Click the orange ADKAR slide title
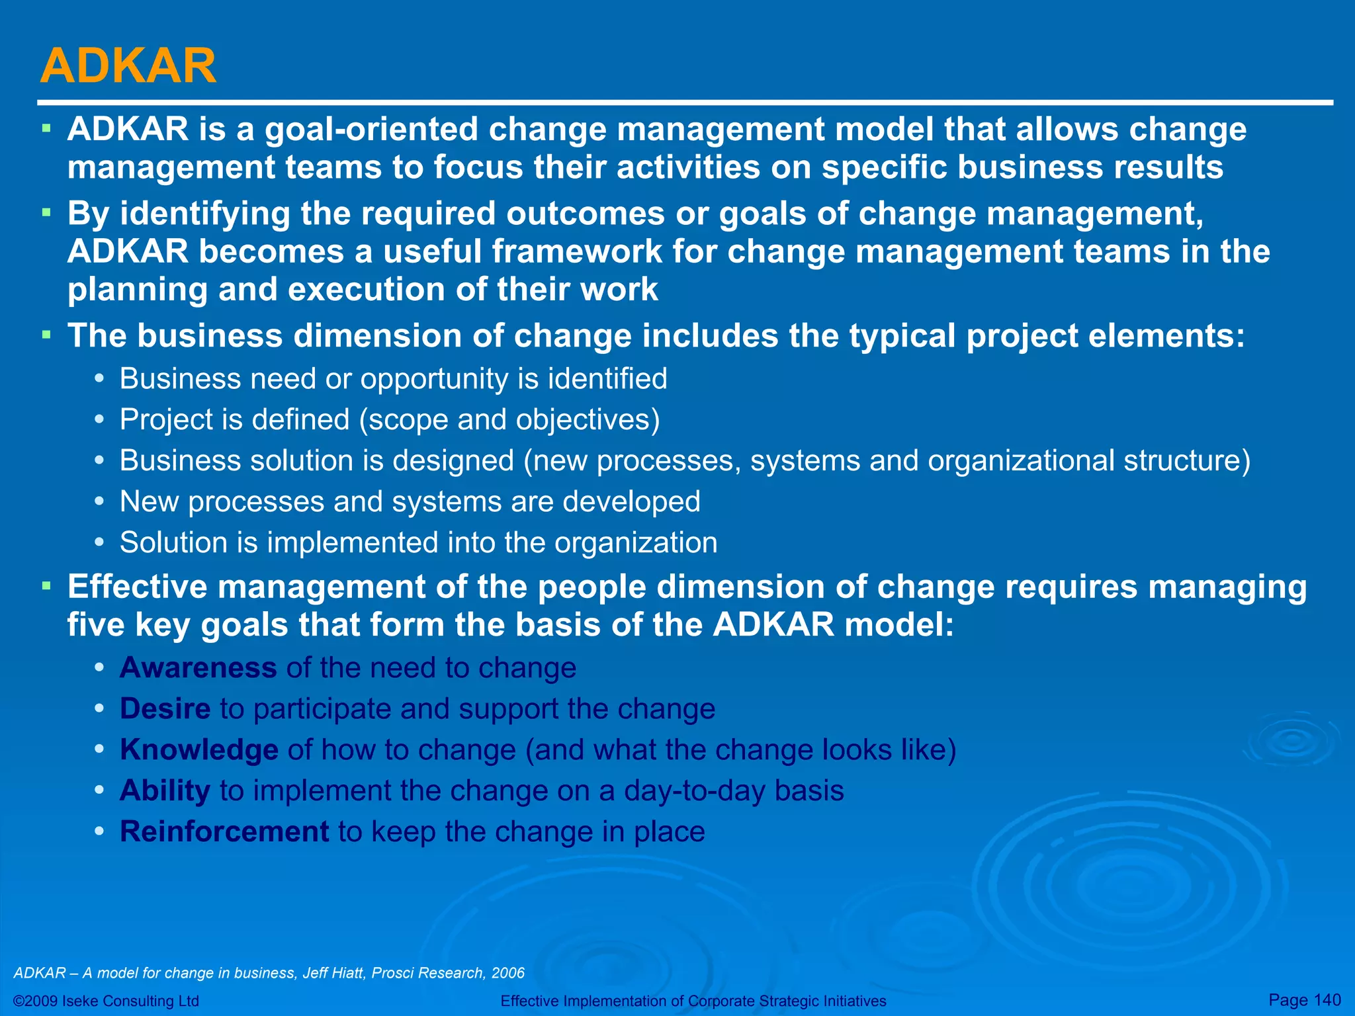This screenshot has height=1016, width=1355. click(128, 66)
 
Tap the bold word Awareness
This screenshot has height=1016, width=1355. click(198, 667)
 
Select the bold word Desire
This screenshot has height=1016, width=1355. click(165, 708)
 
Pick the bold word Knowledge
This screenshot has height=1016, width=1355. click(198, 750)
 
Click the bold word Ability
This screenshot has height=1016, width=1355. click(165, 790)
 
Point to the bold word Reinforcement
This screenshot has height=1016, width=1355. click(224, 831)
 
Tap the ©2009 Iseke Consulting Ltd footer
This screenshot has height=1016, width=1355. click(106, 1001)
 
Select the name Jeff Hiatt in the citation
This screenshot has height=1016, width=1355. click(333, 973)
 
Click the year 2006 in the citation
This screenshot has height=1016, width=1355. click(508, 973)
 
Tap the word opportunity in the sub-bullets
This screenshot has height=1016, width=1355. click(434, 379)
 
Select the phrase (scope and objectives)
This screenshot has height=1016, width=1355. click(509, 420)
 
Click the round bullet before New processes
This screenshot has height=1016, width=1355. click(99, 501)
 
